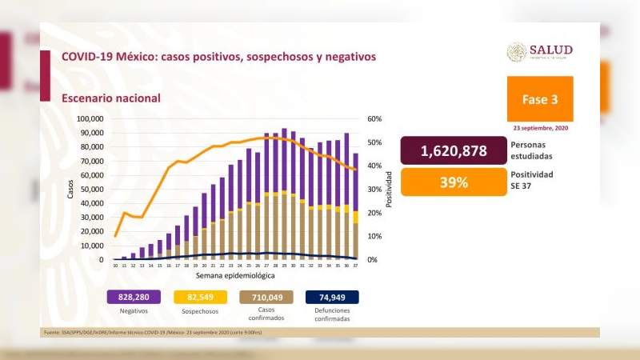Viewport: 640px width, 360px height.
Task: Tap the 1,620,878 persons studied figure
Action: [452, 151]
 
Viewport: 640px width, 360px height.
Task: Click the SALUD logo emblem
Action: [517, 52]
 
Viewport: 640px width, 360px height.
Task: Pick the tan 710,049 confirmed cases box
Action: [267, 297]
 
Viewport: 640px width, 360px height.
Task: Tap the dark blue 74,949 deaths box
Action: [332, 297]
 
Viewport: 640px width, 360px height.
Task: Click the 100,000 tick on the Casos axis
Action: [90, 119]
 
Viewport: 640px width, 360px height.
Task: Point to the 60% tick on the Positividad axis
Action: [374, 119]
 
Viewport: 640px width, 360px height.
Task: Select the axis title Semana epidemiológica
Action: [235, 274]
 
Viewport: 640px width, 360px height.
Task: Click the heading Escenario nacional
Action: [110, 98]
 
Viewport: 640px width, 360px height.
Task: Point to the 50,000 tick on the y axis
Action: [93, 190]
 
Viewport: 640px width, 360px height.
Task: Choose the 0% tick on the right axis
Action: [371, 260]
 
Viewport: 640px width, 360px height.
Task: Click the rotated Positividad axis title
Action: [389, 189]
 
